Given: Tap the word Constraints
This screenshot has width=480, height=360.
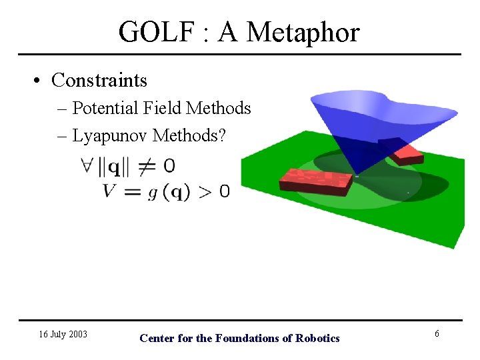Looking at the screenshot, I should tap(99, 80).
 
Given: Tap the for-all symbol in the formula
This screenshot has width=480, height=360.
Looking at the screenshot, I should tap(87, 165).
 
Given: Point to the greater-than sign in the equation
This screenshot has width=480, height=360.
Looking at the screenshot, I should tap(206, 192).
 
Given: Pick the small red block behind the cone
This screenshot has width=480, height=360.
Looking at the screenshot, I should tap(406, 154).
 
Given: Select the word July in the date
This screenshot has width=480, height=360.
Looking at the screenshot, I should tap(57, 334).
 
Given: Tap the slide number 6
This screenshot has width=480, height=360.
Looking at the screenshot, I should tap(437, 333).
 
